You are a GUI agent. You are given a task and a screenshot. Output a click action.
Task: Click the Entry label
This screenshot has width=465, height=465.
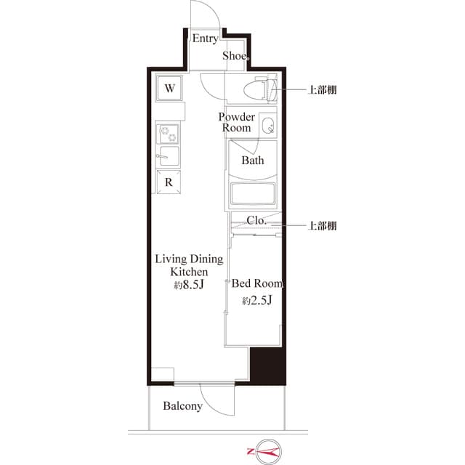click(204, 39)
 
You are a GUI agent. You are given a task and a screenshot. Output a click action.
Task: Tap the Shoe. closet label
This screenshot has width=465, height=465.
click(236, 55)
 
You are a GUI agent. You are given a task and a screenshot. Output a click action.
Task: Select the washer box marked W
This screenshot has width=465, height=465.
click(169, 89)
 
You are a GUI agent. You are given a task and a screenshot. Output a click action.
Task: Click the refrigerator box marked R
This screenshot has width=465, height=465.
click(168, 182)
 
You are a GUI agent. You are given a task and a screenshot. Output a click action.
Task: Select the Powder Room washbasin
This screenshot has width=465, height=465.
click(267, 124)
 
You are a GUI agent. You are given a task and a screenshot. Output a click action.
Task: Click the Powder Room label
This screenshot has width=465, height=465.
click(237, 122)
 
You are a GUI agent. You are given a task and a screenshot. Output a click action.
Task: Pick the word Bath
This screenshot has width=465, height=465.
click(253, 161)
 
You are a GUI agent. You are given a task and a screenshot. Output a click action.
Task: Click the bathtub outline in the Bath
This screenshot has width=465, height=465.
click(253, 193)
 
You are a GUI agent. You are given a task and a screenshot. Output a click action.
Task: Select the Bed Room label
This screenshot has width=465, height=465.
click(256, 284)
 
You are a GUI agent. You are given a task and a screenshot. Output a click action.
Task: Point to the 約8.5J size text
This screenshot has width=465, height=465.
click(188, 285)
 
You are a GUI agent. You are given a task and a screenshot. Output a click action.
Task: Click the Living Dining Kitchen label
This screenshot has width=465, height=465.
click(189, 265)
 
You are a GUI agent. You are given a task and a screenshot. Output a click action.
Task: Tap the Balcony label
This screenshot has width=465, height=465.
click(182, 406)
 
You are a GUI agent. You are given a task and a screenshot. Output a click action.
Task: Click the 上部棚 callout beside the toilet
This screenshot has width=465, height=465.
click(322, 90)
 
